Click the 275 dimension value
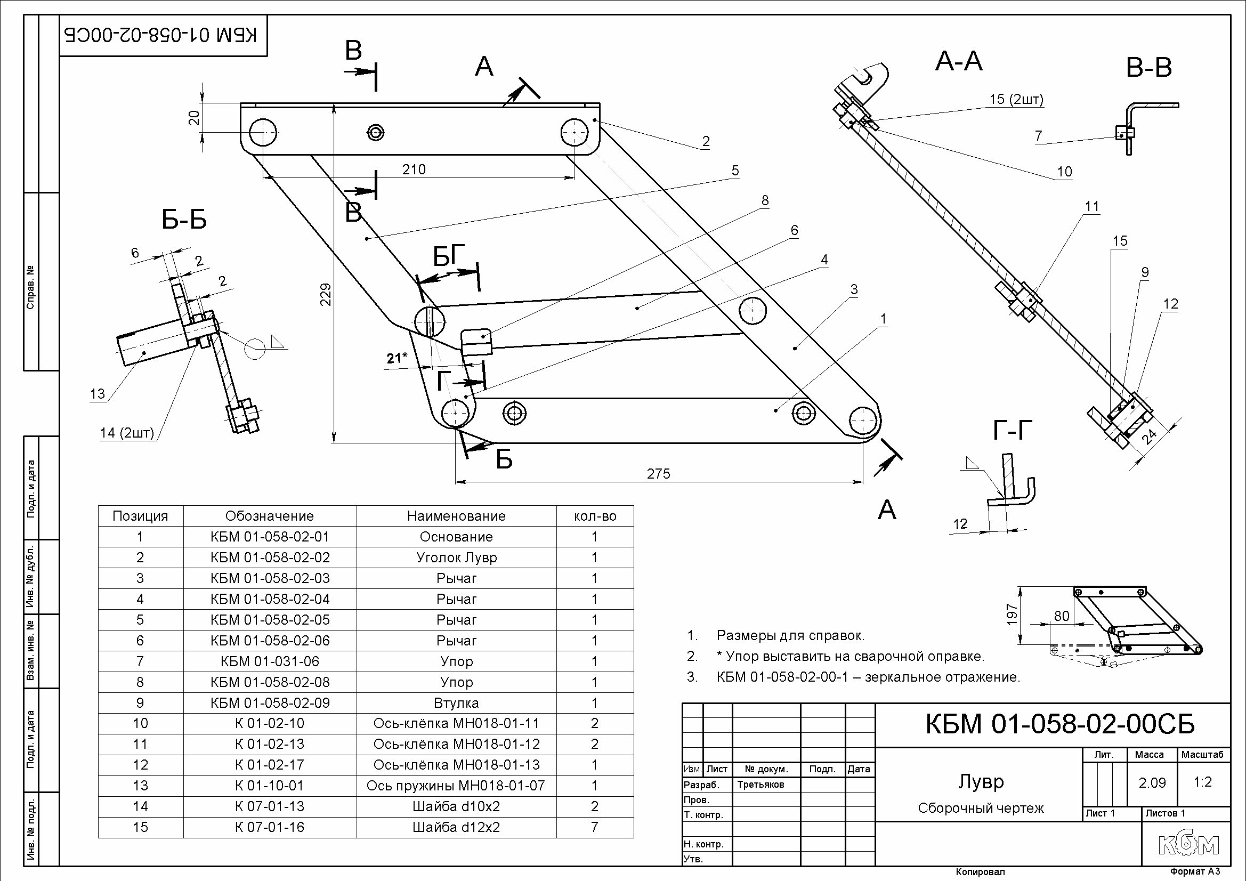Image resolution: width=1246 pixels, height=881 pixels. tap(658, 474)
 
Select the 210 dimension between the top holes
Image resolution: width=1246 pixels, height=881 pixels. tap(414, 170)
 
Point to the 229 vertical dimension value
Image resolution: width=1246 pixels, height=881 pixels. tap(325, 294)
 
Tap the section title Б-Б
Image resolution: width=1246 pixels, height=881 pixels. tap(184, 221)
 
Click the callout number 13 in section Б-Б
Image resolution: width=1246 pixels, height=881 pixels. tap(97, 393)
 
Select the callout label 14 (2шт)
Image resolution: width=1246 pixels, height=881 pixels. tap(127, 433)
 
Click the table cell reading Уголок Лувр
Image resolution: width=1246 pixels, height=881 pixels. tap(456, 557)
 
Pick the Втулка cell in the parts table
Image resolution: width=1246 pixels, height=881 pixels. tap(456, 703)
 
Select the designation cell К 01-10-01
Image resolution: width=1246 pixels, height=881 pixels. tap(270, 786)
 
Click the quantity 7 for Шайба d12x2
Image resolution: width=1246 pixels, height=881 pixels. tap(595, 827)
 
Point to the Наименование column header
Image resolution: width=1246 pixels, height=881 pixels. tap(456, 516)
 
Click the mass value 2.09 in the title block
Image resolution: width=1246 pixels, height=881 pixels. tap(1152, 783)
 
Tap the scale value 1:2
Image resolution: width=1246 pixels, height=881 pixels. tap(1203, 782)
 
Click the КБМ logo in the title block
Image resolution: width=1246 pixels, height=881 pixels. tap(1188, 845)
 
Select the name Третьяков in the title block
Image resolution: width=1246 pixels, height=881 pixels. tap(761, 785)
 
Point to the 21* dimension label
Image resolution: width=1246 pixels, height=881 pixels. tap(397, 358)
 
